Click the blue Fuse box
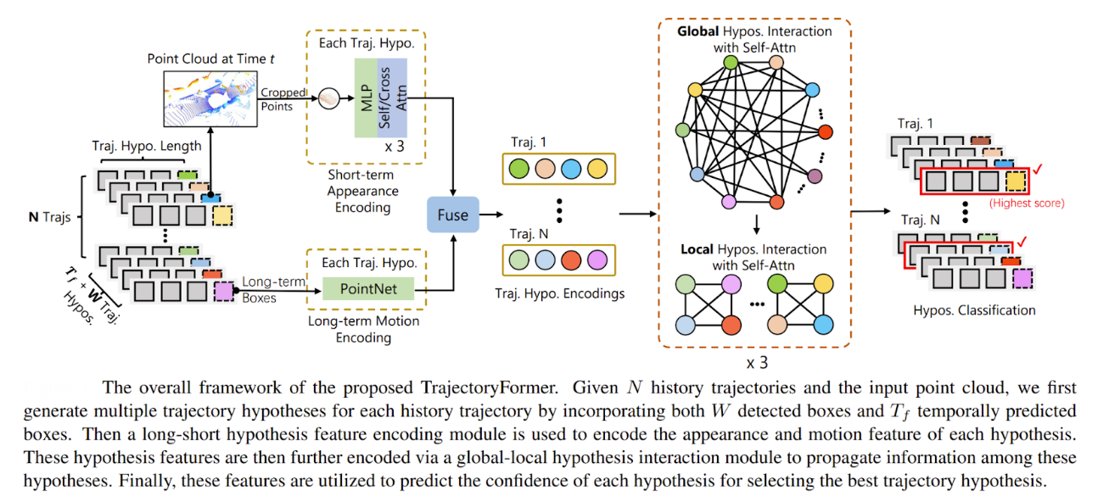(452, 215)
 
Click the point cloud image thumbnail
(210, 100)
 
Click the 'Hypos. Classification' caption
(974, 310)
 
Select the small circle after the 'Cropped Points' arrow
(328, 99)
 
